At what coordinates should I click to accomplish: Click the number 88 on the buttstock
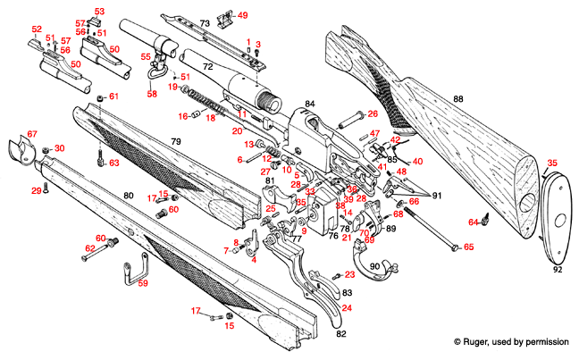click(x=458, y=98)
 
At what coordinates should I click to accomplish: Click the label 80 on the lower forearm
click(x=128, y=195)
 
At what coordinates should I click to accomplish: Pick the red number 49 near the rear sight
click(x=243, y=15)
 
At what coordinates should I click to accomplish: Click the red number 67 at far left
click(x=32, y=134)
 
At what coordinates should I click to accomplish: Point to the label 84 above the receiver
click(x=310, y=105)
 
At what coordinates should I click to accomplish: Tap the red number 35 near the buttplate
click(x=552, y=163)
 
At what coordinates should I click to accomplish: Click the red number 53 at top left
click(x=99, y=11)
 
